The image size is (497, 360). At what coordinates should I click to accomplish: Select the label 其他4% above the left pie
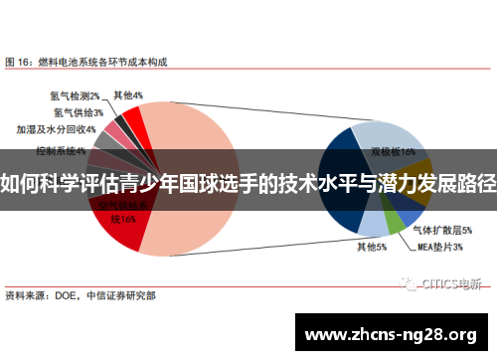[128, 96]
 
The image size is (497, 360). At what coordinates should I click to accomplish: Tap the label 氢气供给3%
[82, 112]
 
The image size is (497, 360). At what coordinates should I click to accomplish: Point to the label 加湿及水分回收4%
[56, 129]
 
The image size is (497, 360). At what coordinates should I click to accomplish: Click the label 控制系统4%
[61, 151]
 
